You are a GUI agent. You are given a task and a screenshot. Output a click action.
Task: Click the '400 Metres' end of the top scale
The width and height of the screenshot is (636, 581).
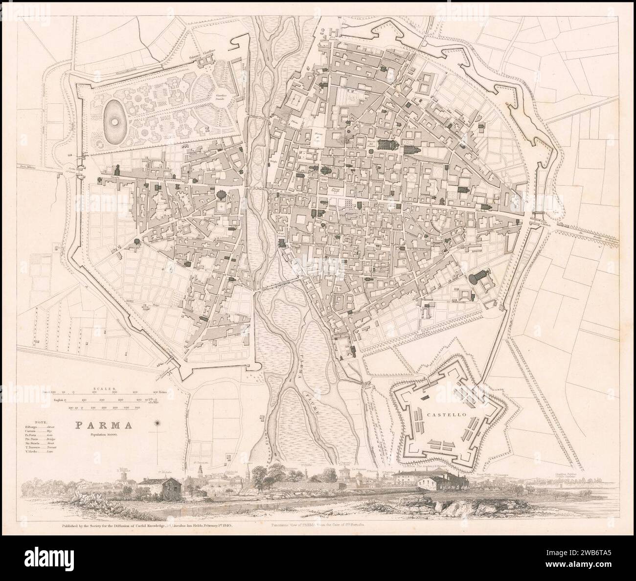coord(159,392)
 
